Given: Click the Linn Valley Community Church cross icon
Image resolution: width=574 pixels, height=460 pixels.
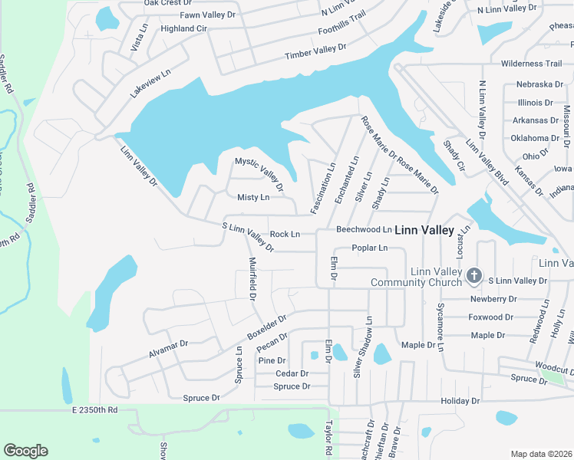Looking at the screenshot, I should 474,274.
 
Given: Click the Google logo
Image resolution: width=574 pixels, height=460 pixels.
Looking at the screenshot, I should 25,451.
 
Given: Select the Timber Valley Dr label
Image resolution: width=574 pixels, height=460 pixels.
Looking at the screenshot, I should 315,51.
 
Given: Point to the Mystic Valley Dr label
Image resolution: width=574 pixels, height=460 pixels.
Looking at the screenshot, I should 259,174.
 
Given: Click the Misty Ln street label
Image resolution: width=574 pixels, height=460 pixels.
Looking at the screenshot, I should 253,198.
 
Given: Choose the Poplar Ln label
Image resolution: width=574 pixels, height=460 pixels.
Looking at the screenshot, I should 370,248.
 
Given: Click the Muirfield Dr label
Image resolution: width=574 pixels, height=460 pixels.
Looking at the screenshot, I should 252,277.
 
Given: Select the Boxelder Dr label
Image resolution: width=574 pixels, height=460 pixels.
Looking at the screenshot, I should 266,327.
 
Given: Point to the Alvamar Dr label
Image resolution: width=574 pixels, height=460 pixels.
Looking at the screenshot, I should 168,350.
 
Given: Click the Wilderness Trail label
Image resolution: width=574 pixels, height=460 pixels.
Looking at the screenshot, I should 531,64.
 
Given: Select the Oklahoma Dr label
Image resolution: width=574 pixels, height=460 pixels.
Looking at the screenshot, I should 536,138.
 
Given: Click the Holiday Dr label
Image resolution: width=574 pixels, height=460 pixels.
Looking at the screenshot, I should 460,401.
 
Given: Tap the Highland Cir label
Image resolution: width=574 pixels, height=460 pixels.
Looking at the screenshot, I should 184,28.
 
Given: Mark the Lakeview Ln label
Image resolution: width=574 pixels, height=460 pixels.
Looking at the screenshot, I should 149,80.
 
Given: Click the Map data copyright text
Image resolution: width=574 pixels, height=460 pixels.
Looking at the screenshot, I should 541,454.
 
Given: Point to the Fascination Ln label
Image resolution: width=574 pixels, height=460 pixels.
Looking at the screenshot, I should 323,188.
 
